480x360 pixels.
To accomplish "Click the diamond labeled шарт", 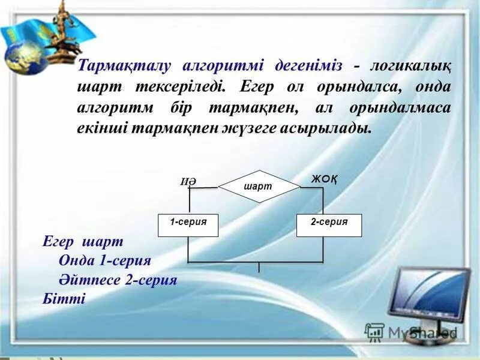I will coord(259,187).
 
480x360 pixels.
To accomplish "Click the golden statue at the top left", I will coord(62,33).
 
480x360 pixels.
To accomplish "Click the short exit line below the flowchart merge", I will coord(259,268).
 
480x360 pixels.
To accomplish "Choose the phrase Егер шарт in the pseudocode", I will coord(83,241).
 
